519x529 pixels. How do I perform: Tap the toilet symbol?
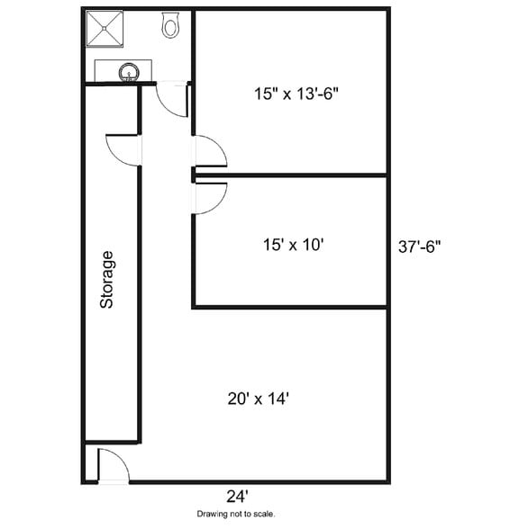[169, 26]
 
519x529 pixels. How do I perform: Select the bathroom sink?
[130, 70]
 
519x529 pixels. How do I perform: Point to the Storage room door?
[123, 149]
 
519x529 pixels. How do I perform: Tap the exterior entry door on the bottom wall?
[113, 465]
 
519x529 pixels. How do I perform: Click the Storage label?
[107, 280]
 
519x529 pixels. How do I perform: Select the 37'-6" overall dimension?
[420, 246]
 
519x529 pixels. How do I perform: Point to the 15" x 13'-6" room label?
[296, 92]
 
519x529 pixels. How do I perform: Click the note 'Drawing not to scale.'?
[236, 515]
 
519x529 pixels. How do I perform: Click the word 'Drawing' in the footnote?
[213, 515]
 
